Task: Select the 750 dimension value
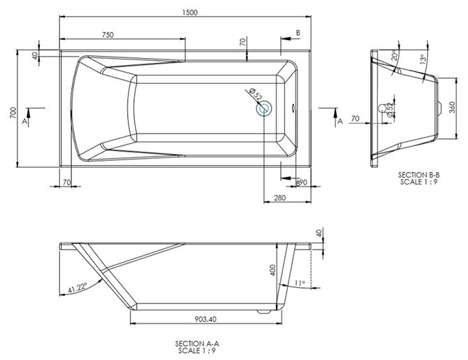[108, 35]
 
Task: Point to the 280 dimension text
[279, 199]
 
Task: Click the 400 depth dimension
[273, 270]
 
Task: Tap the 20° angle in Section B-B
[395, 56]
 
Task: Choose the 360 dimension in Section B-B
[452, 108]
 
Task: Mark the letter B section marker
[298, 33]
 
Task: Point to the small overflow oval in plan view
[293, 109]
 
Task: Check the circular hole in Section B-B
[382, 108]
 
